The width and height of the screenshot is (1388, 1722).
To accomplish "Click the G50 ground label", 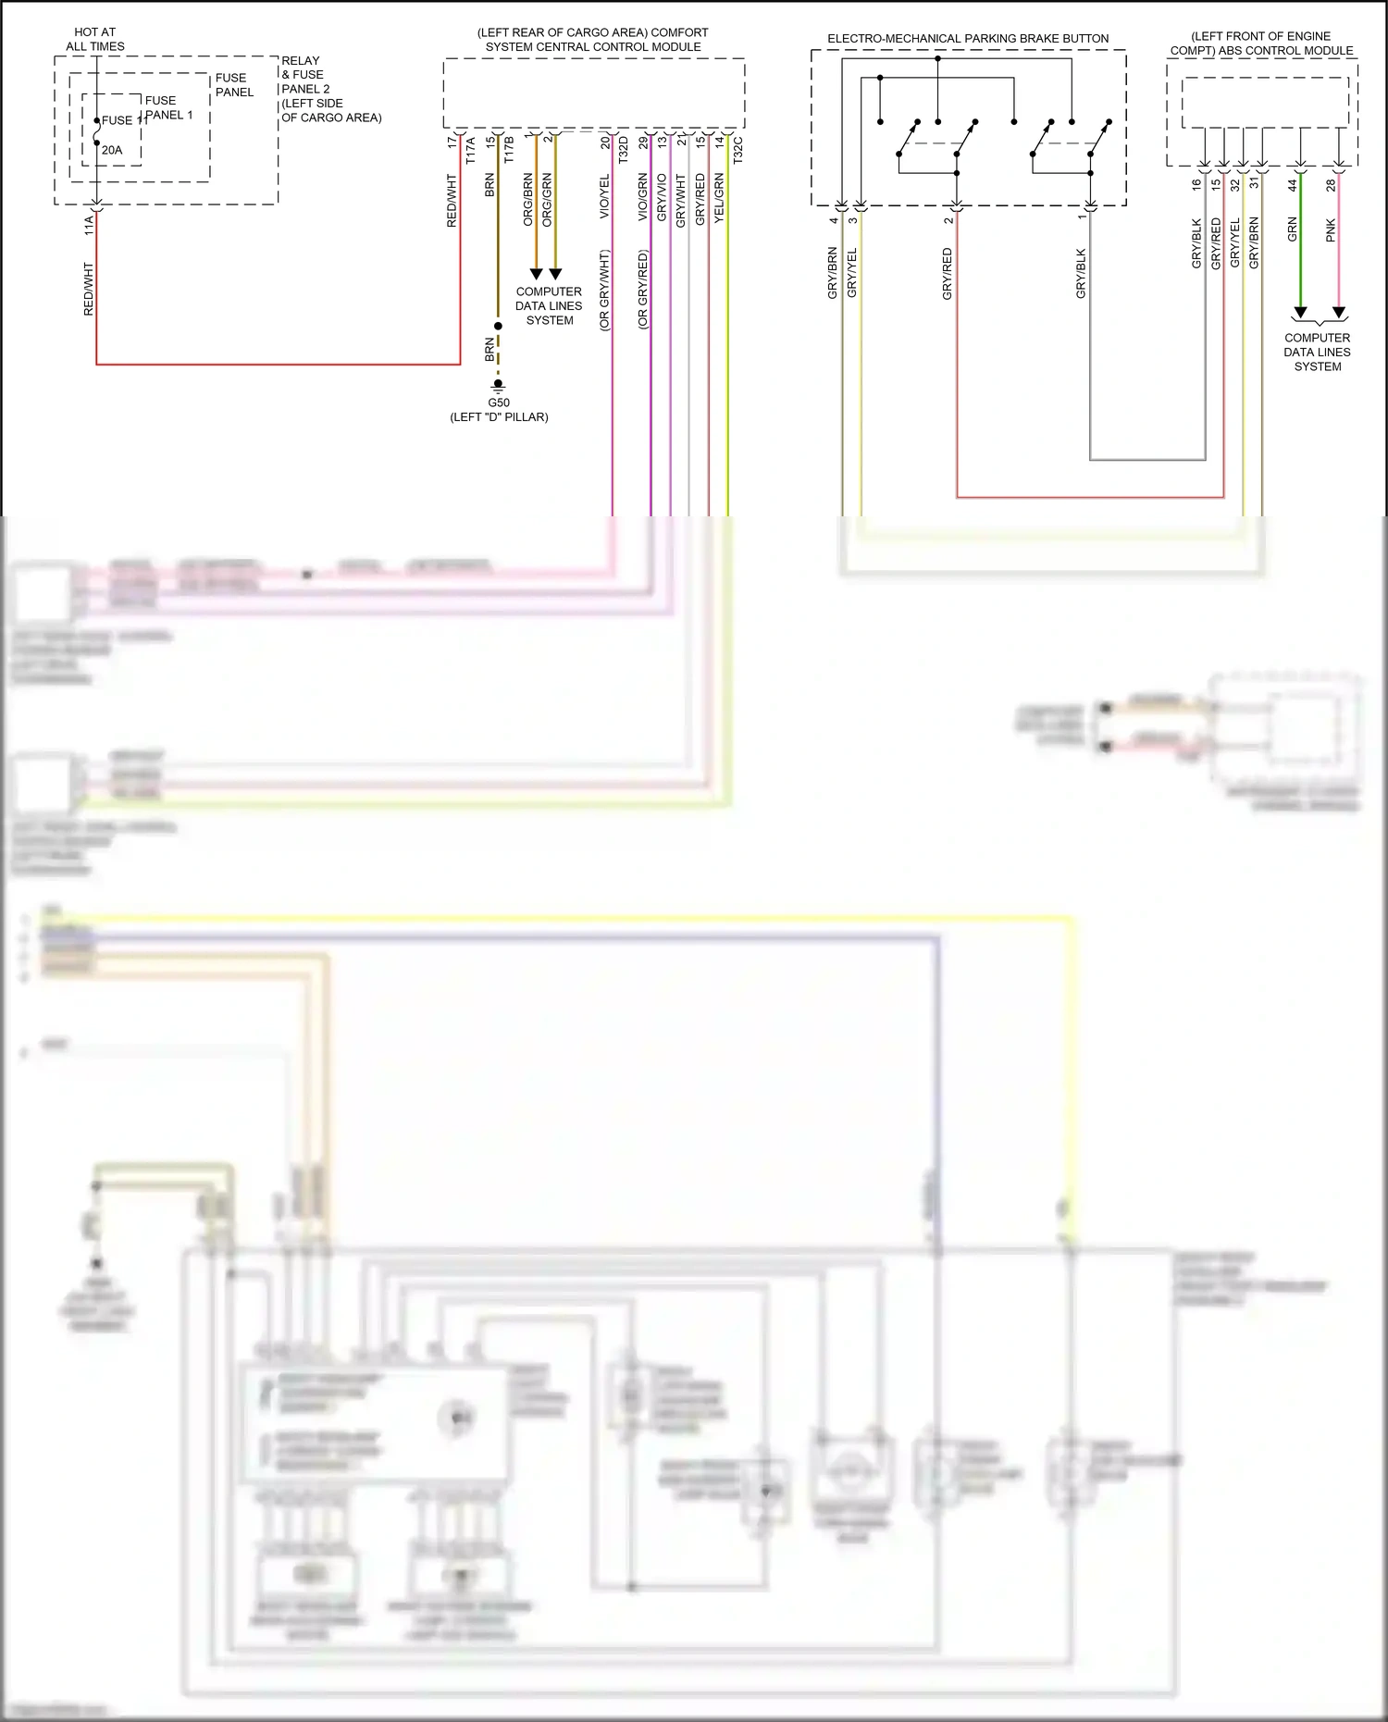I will coord(499,403).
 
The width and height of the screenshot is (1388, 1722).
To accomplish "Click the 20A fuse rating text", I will coord(112,150).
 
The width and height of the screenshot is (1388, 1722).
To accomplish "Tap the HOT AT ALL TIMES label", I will coord(94,39).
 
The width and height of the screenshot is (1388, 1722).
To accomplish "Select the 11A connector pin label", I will coord(89,225).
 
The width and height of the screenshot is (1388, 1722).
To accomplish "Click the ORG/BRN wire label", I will coord(528,199).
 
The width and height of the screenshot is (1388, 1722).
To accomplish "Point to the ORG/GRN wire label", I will coord(547,199).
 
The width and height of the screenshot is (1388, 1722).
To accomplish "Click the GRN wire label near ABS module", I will coord(1293,229).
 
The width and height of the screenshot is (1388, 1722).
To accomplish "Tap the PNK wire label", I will coord(1331,229).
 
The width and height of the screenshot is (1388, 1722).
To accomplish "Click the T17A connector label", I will coord(470,151).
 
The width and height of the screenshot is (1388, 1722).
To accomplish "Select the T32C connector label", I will coord(737,151).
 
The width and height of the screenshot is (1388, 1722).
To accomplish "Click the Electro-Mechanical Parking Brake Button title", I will coord(968,39).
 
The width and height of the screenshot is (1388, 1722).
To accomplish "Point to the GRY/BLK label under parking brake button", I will coord(1081,273).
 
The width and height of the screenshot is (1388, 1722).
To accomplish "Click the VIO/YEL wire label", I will coord(604,196).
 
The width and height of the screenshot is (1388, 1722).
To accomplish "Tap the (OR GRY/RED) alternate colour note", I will coord(643,290).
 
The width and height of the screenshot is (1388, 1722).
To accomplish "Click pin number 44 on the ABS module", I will coord(1293,185).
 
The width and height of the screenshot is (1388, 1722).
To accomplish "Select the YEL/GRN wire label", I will coord(719,199).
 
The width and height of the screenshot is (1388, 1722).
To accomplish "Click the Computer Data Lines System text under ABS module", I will coord(1317,352).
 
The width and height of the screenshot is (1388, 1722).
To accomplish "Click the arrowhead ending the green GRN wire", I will coord(1300,313).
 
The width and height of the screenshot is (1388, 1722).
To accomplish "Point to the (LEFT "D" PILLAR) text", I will coord(499,417).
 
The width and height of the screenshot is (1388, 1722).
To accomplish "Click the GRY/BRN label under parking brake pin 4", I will coord(832,272).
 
